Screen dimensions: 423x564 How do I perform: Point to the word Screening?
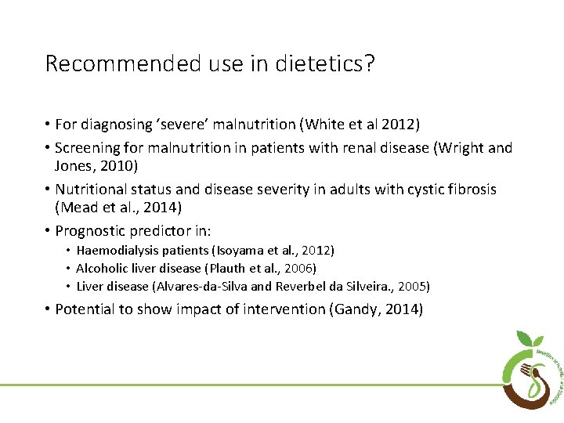90,146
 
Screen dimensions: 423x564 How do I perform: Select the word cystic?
418,190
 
